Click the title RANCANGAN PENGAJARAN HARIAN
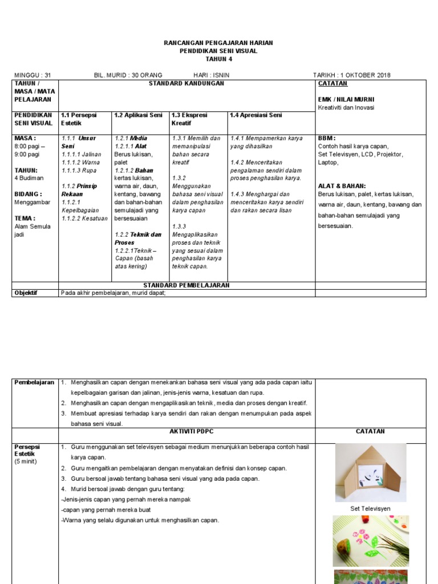click(218, 43)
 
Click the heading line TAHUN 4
click(218, 59)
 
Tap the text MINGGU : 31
click(33, 75)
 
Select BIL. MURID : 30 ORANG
click(128, 75)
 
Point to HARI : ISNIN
click(212, 75)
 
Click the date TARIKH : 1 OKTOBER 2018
click(352, 75)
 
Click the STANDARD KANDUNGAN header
click(186, 84)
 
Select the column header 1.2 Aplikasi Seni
click(139, 115)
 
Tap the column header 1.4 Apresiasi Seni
click(255, 115)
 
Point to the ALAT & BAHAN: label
click(342, 186)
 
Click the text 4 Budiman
click(27, 178)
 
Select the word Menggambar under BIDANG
click(33, 202)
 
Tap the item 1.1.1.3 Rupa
click(79, 170)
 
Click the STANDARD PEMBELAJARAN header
click(186, 285)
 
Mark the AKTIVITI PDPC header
click(186, 432)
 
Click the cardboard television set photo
click(371, 473)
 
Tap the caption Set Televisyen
click(370, 509)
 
